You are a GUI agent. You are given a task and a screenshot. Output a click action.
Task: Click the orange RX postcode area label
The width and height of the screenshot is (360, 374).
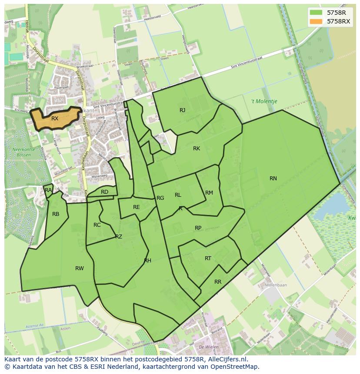coord(55,119)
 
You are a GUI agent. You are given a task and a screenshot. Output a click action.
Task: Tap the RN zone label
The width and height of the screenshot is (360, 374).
coord(273,179)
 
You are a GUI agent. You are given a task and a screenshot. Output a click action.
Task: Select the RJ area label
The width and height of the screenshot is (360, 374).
coord(183,110)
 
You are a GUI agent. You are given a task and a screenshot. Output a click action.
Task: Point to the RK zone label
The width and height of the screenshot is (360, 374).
coord(197,149)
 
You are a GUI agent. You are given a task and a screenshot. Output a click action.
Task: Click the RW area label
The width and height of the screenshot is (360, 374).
coord(79,268)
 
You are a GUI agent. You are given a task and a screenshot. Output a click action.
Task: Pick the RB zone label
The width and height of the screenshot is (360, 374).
coord(56,214)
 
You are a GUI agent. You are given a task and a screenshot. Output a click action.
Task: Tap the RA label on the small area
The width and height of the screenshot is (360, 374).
coord(48,190)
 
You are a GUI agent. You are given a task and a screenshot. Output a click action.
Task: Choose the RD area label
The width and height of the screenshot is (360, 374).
coord(104,192)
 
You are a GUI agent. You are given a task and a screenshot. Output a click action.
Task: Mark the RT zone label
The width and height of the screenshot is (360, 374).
coord(208,258)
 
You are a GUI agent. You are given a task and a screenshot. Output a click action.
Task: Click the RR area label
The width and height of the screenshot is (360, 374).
coord(218,282)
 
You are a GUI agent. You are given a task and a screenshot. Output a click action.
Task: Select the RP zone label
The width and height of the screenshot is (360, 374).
coord(198,228)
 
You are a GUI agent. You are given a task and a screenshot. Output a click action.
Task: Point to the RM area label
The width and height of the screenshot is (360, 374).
coord(209,193)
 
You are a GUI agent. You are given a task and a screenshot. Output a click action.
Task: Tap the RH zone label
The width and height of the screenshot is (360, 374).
coord(148,261)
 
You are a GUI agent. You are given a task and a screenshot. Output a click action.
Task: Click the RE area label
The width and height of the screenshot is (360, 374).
coord(137,207)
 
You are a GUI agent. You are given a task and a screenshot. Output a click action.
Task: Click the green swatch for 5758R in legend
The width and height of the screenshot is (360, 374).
coord(317,13)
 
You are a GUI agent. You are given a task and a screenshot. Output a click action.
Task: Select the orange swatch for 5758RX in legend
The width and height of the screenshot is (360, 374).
coord(317,21)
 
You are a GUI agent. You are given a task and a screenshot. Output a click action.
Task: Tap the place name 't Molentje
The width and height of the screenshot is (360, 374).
coord(264,101)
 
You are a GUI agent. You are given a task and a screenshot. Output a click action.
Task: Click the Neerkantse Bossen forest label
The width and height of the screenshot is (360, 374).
coord(22,152)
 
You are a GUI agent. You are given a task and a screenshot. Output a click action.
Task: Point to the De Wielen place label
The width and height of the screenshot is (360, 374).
coord(208,348)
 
